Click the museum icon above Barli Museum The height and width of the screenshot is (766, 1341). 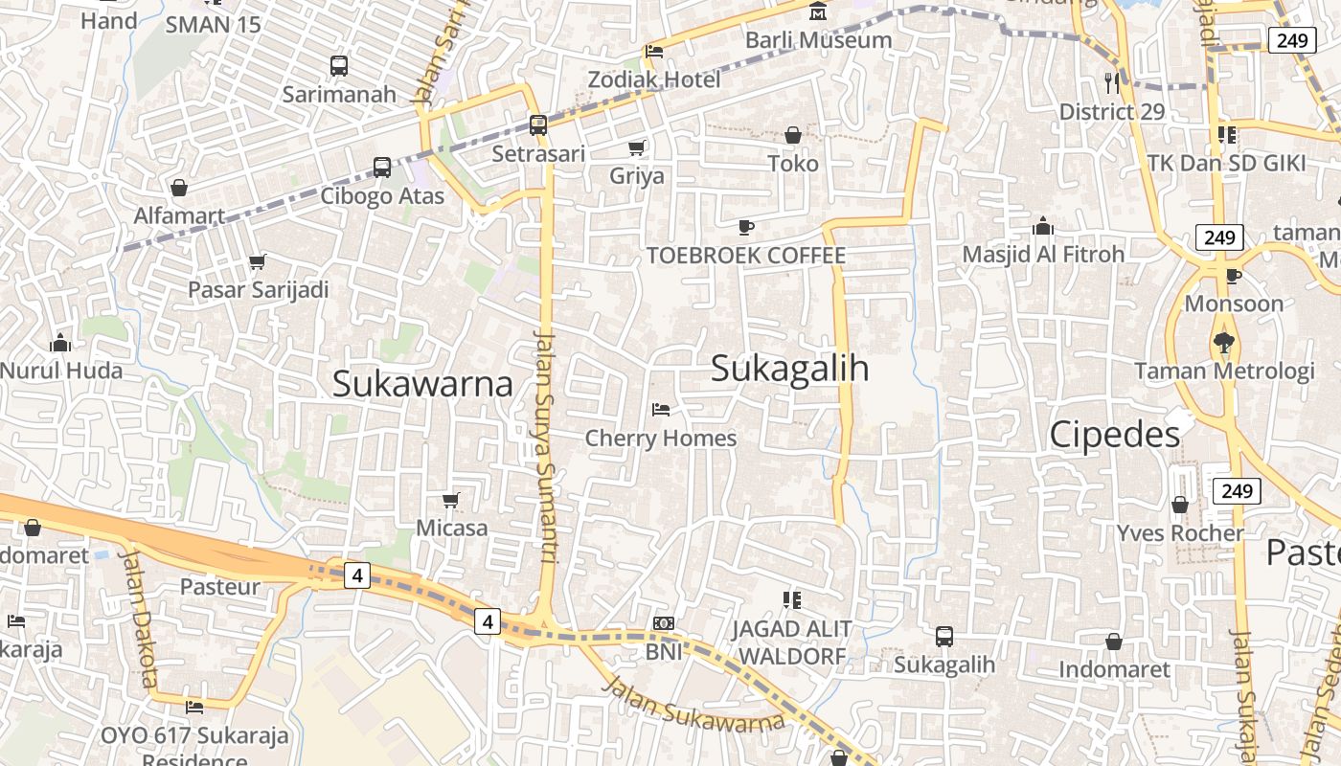(818, 12)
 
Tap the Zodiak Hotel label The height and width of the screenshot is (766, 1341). (654, 79)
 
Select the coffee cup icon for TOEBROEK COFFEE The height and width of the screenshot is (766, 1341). (746, 227)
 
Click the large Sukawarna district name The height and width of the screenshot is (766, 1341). (422, 384)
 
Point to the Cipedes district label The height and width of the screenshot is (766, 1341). (1115, 435)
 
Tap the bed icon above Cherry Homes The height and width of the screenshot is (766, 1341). (660, 410)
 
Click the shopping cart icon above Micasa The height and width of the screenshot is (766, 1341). (451, 500)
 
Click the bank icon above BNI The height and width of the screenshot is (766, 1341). (663, 623)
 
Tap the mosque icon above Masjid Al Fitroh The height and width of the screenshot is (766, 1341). (1043, 227)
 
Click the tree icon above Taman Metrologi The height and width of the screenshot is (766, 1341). (1223, 342)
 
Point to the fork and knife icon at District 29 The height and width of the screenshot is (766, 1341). (1112, 83)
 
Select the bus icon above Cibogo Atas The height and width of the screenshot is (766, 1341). (381, 168)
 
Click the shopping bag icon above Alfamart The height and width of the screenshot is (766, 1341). (179, 188)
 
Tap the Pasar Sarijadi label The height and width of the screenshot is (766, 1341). (259, 289)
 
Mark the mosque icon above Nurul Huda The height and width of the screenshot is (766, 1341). (60, 342)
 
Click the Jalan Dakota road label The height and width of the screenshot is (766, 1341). (139, 618)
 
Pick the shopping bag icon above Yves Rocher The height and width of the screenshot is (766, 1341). (1180, 505)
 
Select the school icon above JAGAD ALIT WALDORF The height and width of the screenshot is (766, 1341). (791, 600)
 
